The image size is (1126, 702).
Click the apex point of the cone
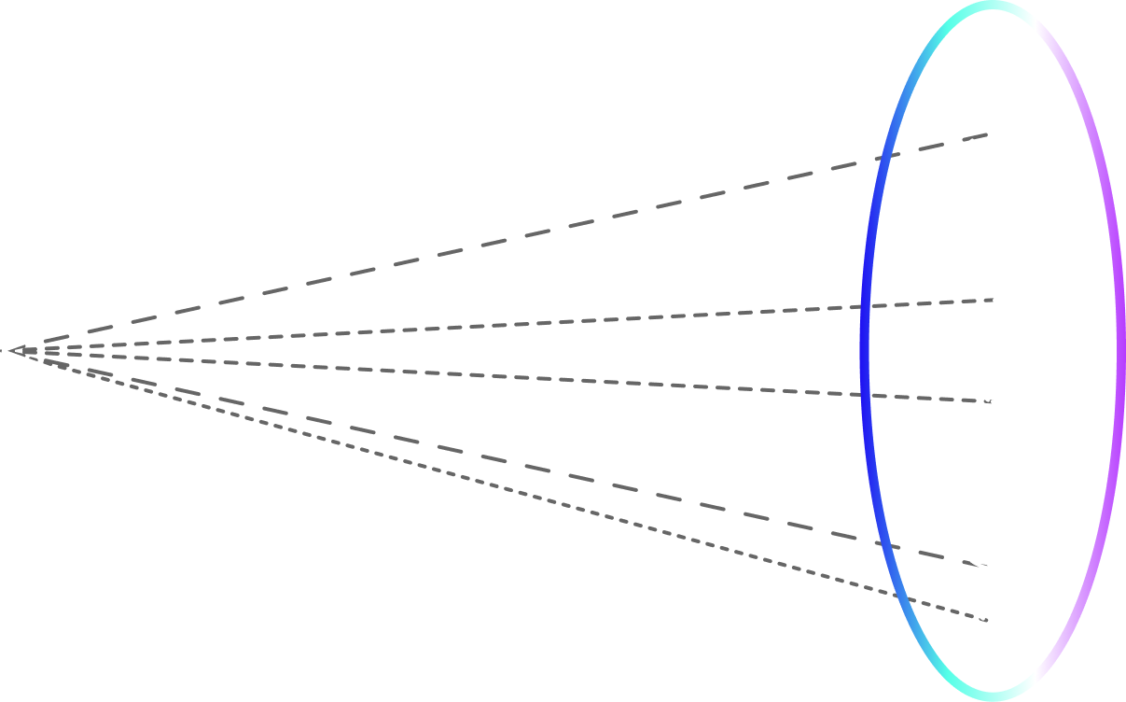pyautogui.click(x=4, y=351)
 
